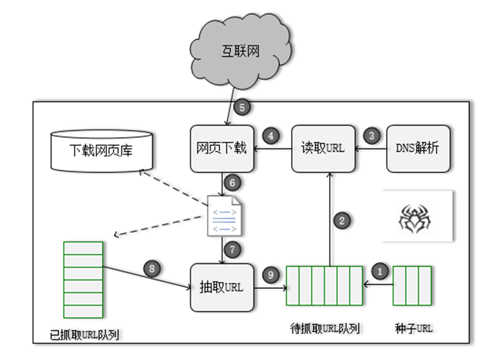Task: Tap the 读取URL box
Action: click(x=323, y=149)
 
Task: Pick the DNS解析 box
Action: click(x=418, y=149)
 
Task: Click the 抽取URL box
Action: click(x=222, y=287)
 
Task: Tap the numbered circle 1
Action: click(x=380, y=272)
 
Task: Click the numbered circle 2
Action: click(x=342, y=221)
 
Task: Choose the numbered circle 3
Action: click(x=371, y=136)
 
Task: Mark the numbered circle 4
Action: click(x=271, y=136)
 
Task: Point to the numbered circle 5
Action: click(x=242, y=107)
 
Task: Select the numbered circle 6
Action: click(x=232, y=183)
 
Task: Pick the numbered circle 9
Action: click(x=271, y=274)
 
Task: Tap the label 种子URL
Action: click(x=412, y=328)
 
